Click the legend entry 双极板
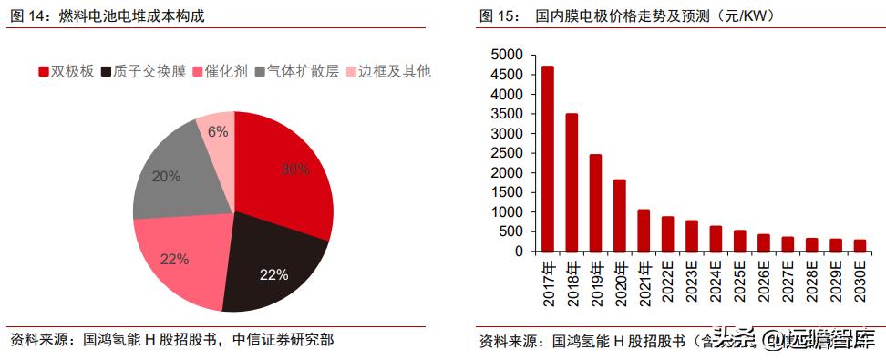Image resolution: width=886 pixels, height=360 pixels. point(68,71)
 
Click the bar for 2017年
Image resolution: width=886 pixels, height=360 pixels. point(548,159)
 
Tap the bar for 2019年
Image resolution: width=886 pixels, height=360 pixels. point(595,202)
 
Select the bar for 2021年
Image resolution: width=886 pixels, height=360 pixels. point(644,230)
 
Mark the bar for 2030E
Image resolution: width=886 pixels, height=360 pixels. point(860,245)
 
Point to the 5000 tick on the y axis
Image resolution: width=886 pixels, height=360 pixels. point(508,55)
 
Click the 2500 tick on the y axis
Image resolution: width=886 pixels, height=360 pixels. point(508,153)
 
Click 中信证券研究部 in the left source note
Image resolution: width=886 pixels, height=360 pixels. point(284,341)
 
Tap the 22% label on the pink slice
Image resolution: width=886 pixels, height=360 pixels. point(174,259)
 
